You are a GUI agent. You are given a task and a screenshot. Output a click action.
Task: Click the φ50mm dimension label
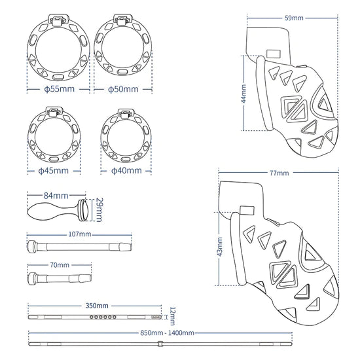pyautogui.click(x=124, y=88)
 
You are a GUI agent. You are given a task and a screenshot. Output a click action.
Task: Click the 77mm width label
pyautogui.click(x=278, y=173)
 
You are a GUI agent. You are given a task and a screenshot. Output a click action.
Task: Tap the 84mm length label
pyautogui.click(x=56, y=195)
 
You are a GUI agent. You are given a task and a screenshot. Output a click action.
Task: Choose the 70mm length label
pyautogui.click(x=59, y=265)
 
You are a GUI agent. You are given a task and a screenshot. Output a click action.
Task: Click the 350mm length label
pyautogui.click(x=97, y=306)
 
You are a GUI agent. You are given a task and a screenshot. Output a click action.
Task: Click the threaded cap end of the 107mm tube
pyautogui.click(x=31, y=246)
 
